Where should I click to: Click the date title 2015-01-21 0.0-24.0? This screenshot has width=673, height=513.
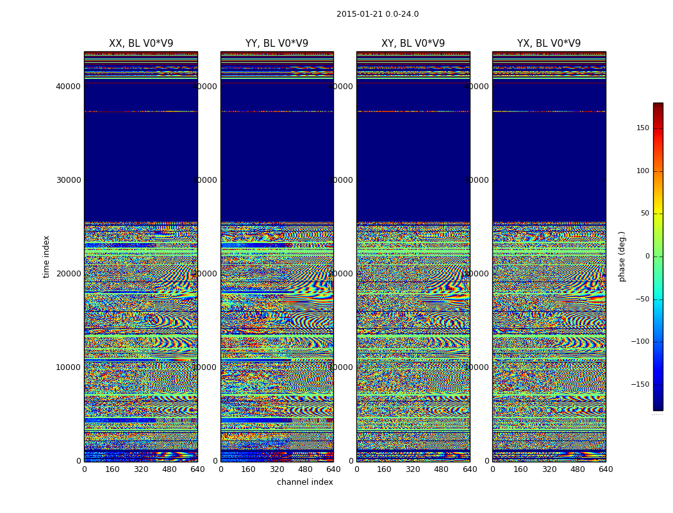pos(378,14)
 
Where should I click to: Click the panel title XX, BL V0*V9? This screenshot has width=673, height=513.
pos(141,44)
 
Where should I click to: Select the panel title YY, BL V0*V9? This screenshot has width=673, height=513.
pos(277,44)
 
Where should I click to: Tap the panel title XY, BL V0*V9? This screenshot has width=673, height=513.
pos(413,44)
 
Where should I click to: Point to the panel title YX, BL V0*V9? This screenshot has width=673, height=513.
pos(549,44)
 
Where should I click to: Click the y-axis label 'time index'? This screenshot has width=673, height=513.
pos(46,256)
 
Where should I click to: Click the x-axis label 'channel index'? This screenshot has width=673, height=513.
pos(305,482)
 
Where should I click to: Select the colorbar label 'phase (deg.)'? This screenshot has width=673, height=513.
pos(622,256)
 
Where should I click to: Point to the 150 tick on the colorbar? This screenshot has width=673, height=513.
pos(642,128)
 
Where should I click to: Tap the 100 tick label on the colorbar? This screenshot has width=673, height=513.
pos(642,171)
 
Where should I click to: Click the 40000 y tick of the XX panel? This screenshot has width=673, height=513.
pos(69,87)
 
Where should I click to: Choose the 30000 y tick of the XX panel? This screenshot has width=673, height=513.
pos(69,180)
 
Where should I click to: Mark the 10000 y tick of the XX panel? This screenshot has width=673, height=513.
pos(69,367)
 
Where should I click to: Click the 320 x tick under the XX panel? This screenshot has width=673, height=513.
pos(141,469)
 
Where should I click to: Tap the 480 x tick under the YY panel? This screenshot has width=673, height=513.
pos(305,469)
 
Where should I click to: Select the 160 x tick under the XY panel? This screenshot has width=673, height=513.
pos(385,469)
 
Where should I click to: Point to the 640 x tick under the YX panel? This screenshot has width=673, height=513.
pos(606,469)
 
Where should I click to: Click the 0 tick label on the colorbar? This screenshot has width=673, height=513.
pos(647,256)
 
